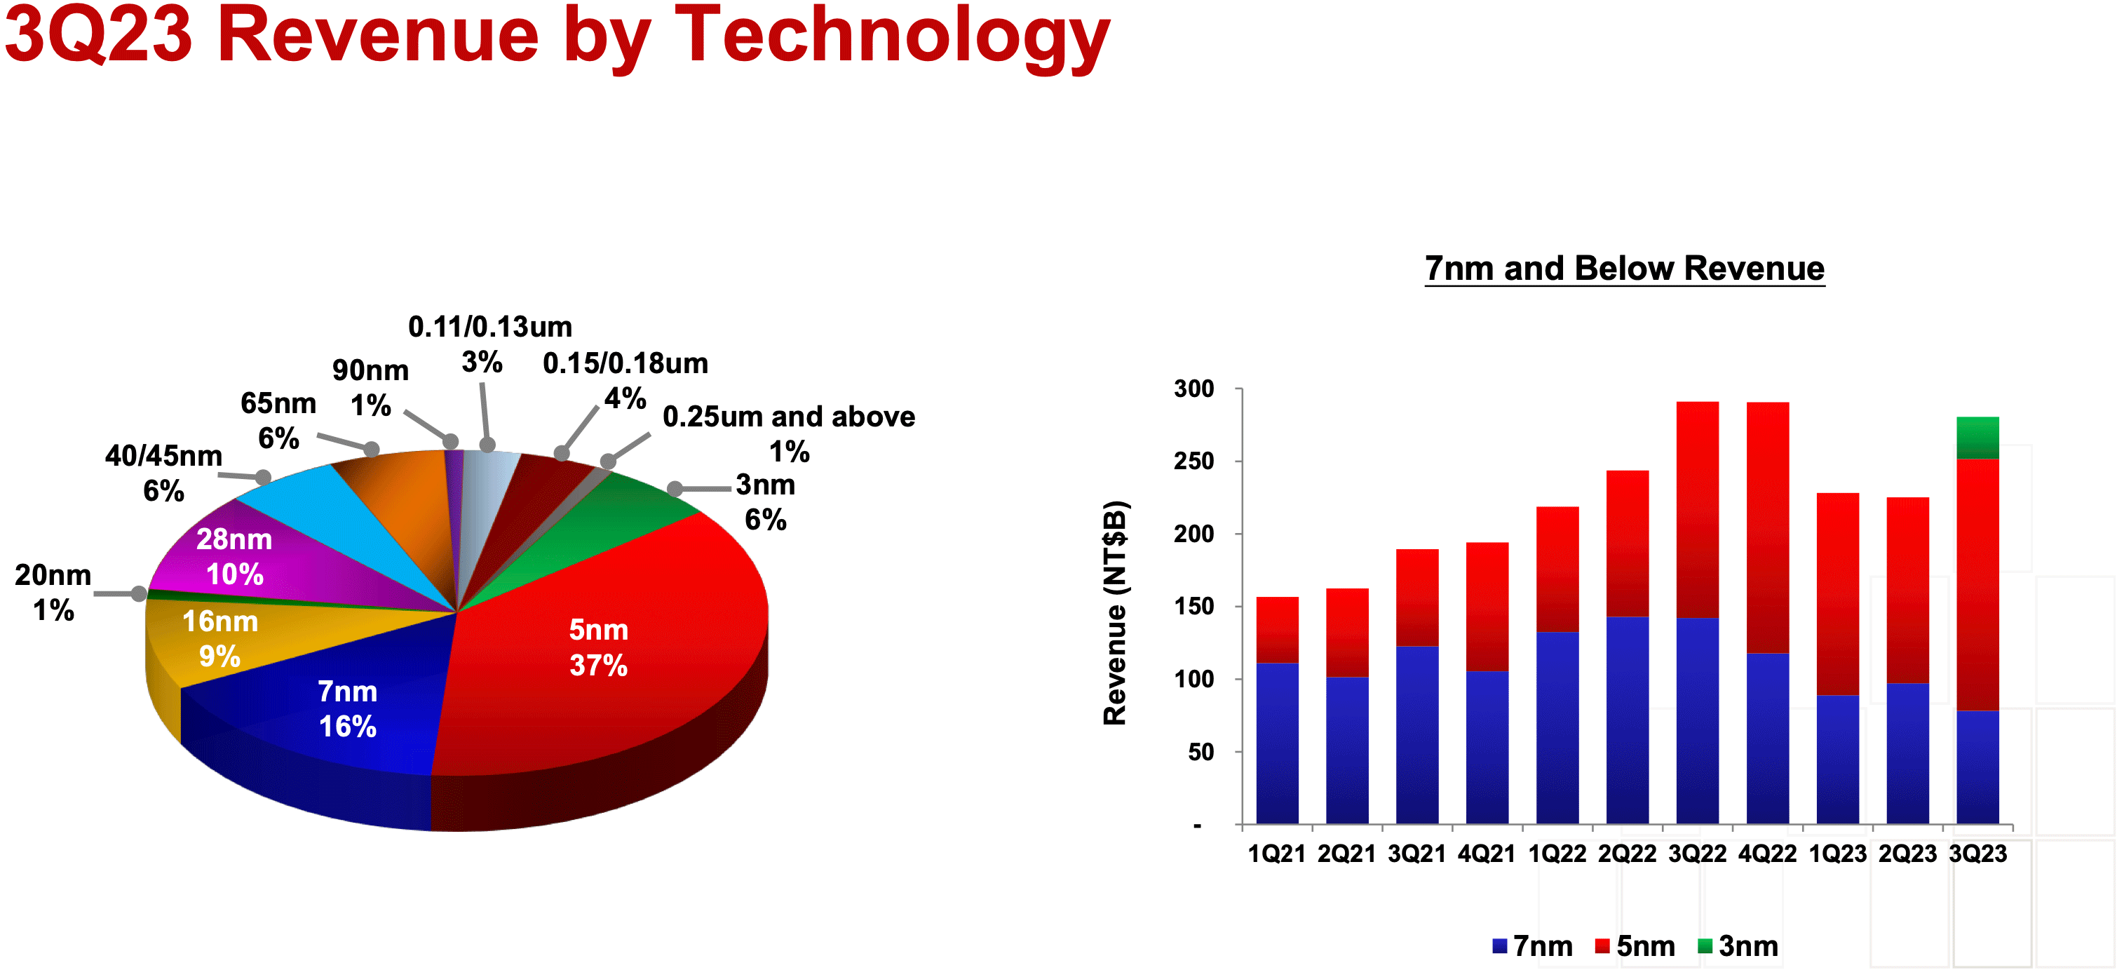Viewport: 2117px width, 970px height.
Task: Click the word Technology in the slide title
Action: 892,37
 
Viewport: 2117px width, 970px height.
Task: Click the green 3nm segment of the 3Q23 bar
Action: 1977,438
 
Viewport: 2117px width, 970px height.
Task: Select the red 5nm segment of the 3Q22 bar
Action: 1697,510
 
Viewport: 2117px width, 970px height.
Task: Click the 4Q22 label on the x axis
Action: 1767,854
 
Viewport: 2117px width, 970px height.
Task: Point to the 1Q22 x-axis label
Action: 1557,854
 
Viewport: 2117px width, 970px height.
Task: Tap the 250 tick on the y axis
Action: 1194,462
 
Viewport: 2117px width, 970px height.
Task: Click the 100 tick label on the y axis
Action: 1194,679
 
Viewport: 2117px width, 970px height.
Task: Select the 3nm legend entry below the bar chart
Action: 1738,946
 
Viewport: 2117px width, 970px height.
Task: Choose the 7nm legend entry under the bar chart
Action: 1533,946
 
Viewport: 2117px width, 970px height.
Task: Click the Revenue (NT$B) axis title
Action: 1115,612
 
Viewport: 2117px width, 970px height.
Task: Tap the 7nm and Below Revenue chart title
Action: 1624,269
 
